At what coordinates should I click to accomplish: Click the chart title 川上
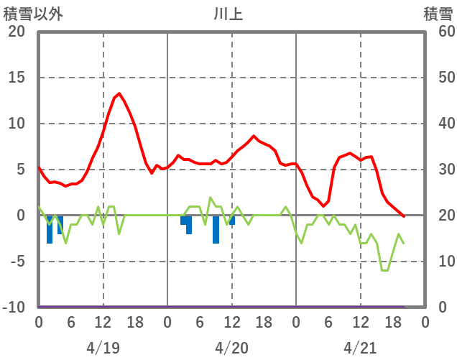click(228, 14)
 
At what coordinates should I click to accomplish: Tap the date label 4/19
click(103, 348)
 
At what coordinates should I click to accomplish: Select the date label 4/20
click(231, 348)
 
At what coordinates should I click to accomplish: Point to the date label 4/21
click(360, 348)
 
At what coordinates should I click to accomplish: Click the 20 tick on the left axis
click(16, 32)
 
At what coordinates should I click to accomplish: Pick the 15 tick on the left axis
click(16, 78)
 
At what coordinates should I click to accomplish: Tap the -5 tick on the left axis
click(16, 262)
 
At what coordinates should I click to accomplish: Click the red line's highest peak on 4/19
click(119, 93)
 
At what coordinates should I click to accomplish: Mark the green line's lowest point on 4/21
click(385, 270)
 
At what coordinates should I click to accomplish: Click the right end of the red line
click(404, 216)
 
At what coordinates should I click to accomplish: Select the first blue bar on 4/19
click(50, 229)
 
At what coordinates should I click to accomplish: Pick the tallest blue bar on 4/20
click(216, 229)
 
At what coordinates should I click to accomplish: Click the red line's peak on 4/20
click(254, 136)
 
